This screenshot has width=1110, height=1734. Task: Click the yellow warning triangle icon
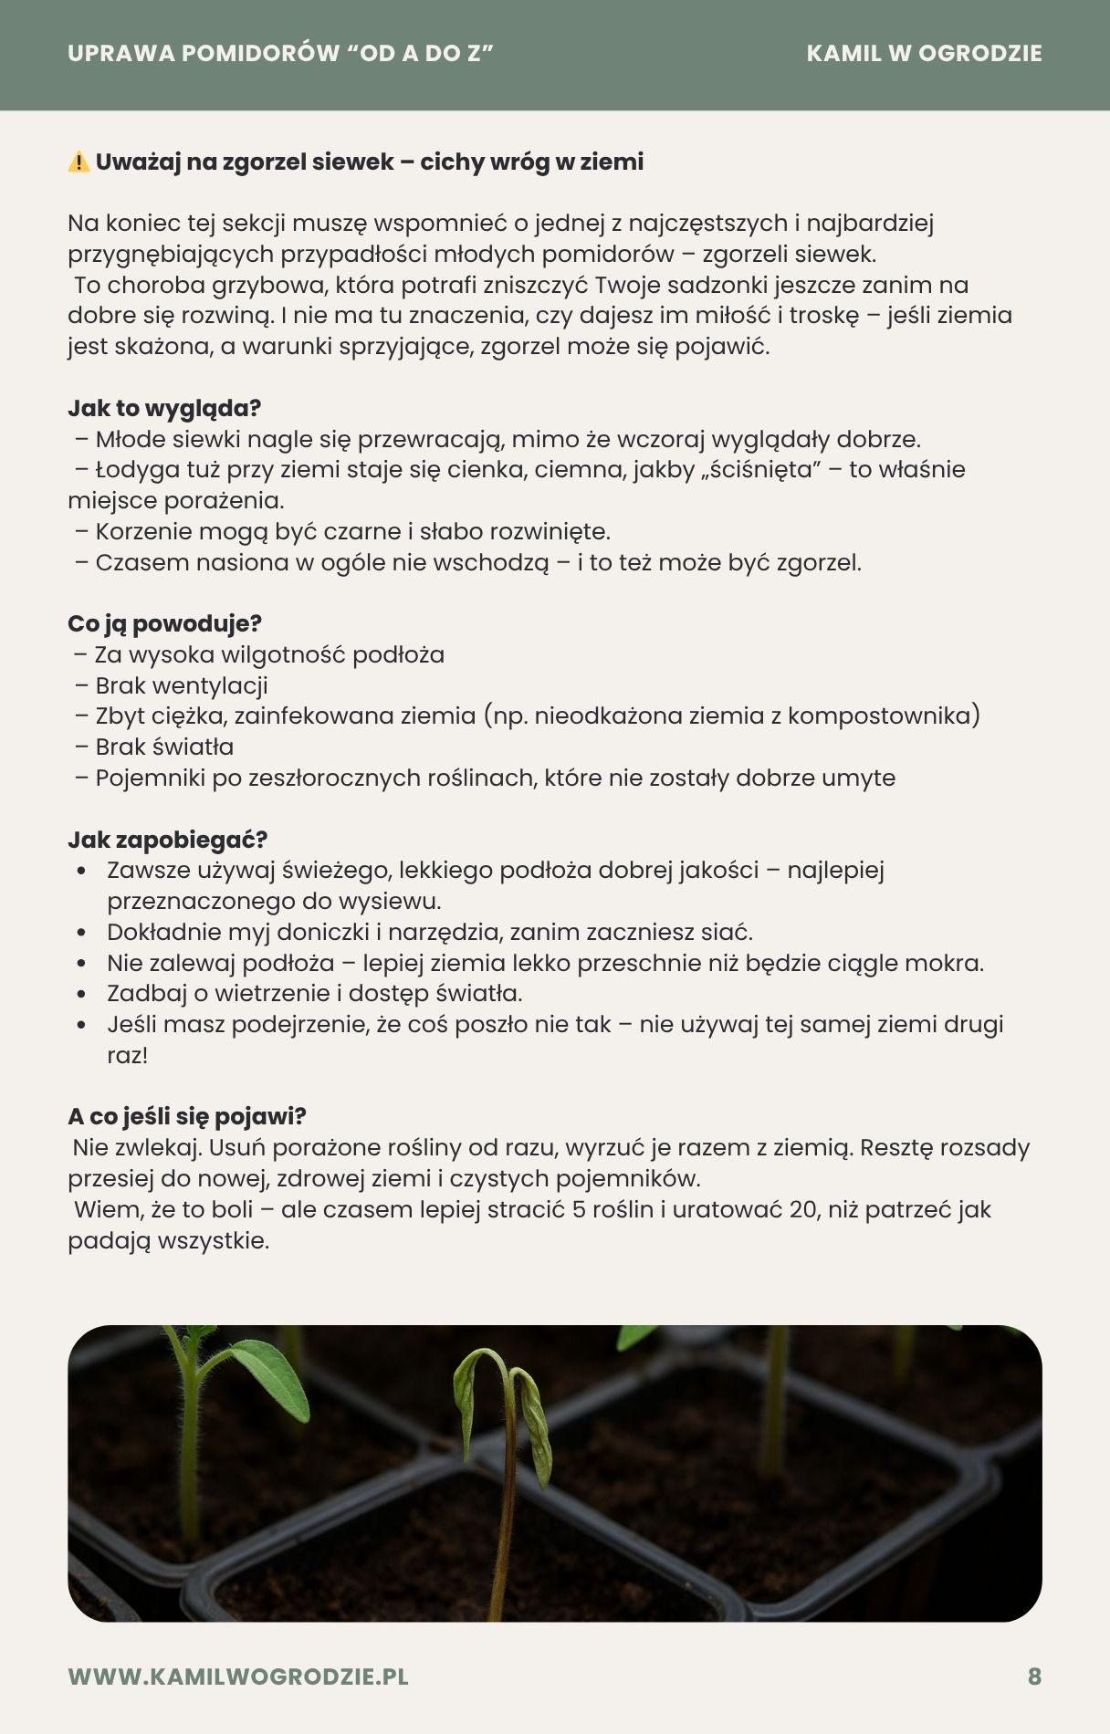point(79,162)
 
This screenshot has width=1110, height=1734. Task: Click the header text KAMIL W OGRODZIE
point(924,54)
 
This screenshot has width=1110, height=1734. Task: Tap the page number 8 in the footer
point(1034,1677)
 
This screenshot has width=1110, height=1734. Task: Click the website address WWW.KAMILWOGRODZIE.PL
point(238,1677)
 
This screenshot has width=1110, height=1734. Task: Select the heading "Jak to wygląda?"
point(164,408)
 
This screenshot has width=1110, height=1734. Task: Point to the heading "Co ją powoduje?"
point(164,623)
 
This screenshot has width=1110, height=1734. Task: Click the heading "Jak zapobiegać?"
point(167,840)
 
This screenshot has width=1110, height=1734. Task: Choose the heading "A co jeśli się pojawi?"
point(187,1116)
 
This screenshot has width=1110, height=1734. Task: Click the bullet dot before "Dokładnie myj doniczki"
point(82,933)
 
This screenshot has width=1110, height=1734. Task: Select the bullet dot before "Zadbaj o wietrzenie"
point(82,994)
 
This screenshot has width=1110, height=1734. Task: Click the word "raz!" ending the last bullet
point(127,1056)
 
